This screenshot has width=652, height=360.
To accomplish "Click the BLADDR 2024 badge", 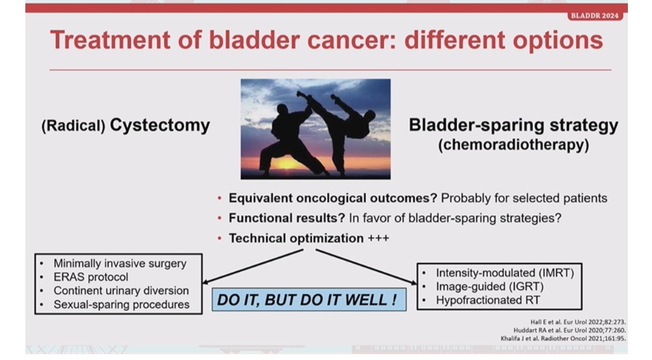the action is (595, 16).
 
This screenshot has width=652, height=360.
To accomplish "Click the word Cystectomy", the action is (160, 125).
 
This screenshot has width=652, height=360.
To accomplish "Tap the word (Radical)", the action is (73, 126).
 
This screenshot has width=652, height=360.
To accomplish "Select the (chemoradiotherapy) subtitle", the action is (514, 145).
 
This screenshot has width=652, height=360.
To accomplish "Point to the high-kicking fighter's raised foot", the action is (300, 94).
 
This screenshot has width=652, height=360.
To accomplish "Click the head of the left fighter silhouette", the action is (283, 110).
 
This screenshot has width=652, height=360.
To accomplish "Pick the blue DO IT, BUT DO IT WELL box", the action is (309, 299).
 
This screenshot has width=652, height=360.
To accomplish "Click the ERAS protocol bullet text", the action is (91, 277).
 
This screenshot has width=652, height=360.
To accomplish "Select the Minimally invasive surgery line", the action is (120, 263).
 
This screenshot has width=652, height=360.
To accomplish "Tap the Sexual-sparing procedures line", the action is (121, 304).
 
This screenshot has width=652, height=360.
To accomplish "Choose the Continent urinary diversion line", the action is (121, 291).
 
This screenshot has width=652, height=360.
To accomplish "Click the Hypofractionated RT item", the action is (488, 300).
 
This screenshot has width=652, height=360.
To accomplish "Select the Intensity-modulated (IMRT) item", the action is (505, 272).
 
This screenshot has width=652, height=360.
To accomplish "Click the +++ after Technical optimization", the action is (379, 238).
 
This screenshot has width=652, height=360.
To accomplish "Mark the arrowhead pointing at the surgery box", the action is (205, 282).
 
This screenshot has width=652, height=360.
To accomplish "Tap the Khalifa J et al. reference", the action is (563, 338).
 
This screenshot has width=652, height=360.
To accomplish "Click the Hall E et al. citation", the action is (578, 322).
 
